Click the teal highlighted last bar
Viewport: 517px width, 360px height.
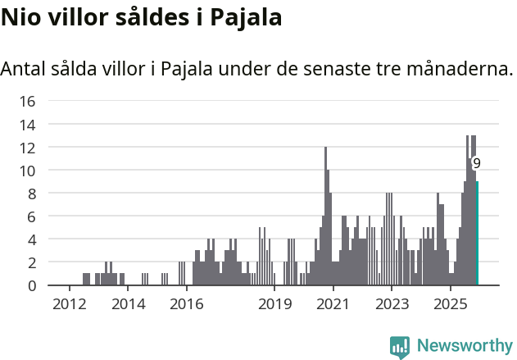coord(477,234)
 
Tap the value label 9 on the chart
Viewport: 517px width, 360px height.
coord(476,163)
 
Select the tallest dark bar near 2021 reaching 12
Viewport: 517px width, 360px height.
coord(325,217)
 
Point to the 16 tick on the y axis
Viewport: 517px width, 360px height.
coord(27,102)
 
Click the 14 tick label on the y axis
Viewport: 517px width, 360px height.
coord(27,125)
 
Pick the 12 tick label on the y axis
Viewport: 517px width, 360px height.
coord(27,148)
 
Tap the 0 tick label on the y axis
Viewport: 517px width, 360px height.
coord(31,285)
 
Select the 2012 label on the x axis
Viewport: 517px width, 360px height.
coord(69,304)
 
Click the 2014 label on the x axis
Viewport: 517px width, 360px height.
coord(127,304)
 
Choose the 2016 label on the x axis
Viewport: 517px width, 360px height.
coord(186,304)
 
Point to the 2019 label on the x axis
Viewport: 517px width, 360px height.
coord(274,304)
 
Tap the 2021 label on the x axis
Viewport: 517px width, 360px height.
coord(333,304)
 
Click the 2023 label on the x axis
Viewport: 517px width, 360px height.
coord(392,304)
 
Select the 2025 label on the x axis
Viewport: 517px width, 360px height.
coord(450,304)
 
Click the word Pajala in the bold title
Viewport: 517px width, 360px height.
coord(244,18)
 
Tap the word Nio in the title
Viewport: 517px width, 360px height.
coord(19,18)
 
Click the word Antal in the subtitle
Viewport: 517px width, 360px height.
coord(24,69)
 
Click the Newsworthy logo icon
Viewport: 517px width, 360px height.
coord(400,346)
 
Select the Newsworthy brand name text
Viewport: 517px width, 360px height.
coord(464,346)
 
